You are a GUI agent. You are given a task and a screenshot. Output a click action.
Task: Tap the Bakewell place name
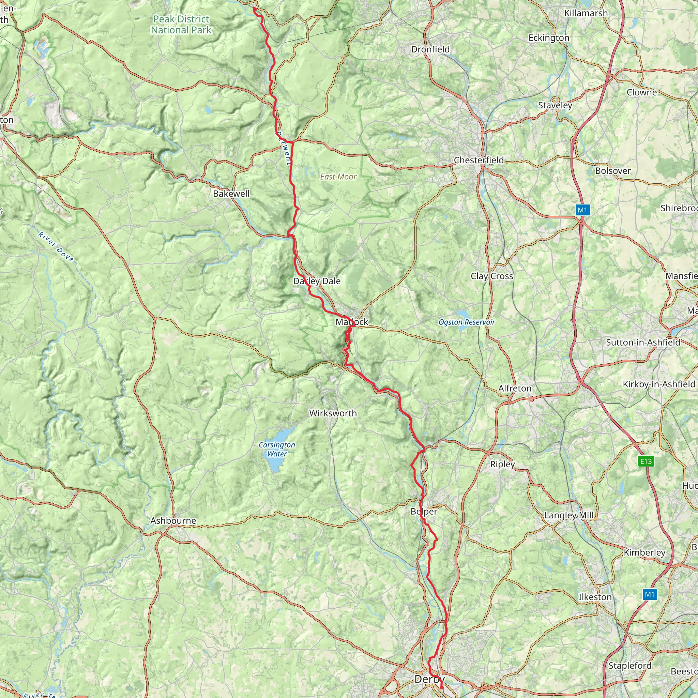231,194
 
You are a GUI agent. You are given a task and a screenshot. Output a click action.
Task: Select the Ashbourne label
173,521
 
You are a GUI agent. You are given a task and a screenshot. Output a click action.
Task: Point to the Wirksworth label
333,413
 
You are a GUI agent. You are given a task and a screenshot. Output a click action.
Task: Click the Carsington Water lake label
277,450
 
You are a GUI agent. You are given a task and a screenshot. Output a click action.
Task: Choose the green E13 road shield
646,461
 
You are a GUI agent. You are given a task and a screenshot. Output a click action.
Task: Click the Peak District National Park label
181,25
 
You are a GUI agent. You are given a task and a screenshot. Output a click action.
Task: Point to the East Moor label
338,177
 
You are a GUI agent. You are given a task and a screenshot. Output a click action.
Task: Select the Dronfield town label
430,49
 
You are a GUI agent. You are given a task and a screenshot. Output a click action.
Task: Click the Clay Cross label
492,276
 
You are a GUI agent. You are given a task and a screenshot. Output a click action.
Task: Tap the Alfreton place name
515,389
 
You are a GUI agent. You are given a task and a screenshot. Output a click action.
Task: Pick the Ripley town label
502,464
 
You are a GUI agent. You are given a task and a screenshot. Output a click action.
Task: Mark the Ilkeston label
595,597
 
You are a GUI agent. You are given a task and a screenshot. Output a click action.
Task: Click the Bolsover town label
613,170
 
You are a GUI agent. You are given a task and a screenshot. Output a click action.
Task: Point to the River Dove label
56,247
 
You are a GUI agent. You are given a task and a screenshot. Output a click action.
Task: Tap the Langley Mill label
569,515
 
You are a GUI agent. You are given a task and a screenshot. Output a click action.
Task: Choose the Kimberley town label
644,552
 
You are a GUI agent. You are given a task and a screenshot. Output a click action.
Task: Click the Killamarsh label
586,13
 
